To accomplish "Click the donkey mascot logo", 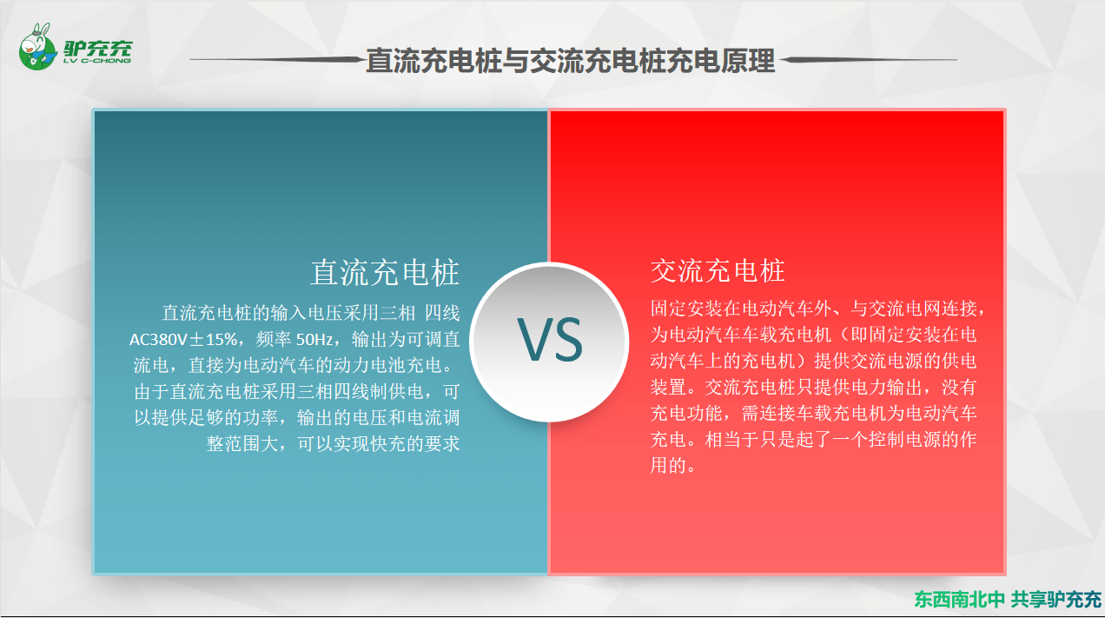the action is [x=38, y=46].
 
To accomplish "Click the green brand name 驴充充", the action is [x=97, y=48].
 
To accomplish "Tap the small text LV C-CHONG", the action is [x=97, y=61].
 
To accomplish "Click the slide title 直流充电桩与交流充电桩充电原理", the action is [x=570, y=61].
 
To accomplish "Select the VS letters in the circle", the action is [x=550, y=340].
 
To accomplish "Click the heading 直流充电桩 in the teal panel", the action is [x=385, y=272].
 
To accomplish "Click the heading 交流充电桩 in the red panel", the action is [x=718, y=270].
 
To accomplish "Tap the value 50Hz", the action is [x=314, y=339].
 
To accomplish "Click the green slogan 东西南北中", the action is [x=959, y=599].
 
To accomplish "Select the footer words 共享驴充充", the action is [x=1056, y=599].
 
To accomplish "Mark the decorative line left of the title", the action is [x=276, y=60].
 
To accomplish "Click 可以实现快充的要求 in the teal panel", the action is [x=379, y=443].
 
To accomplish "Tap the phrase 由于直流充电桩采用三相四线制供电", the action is [x=279, y=391].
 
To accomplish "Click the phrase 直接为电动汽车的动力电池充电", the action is [x=314, y=365].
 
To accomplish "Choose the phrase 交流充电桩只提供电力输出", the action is [x=813, y=387].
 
